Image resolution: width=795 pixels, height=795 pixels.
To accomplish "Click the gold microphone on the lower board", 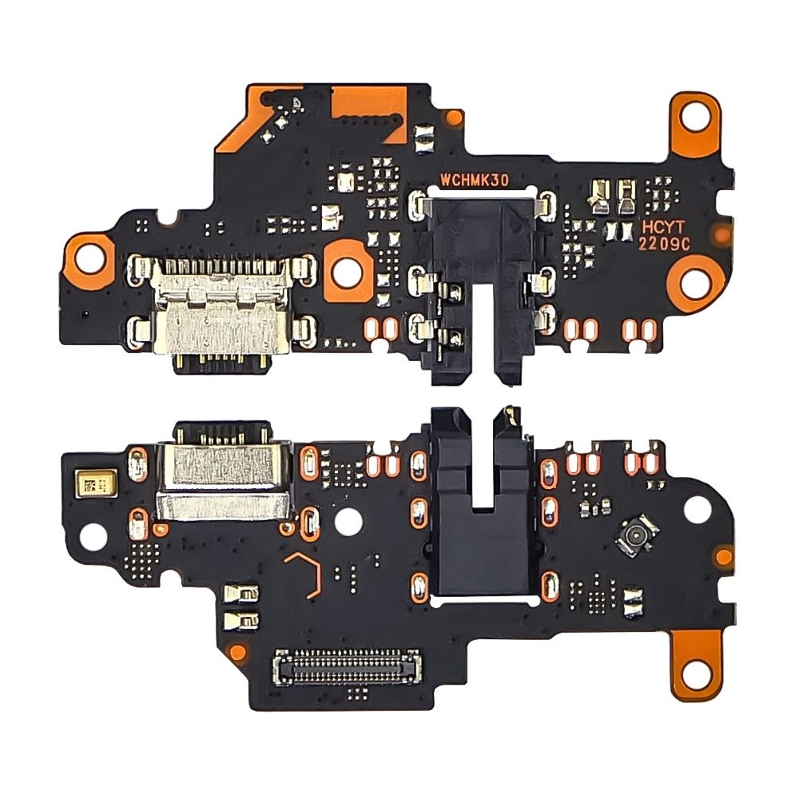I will click(x=88, y=482).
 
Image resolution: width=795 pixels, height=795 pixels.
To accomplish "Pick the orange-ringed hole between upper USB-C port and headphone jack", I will click(x=347, y=270).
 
